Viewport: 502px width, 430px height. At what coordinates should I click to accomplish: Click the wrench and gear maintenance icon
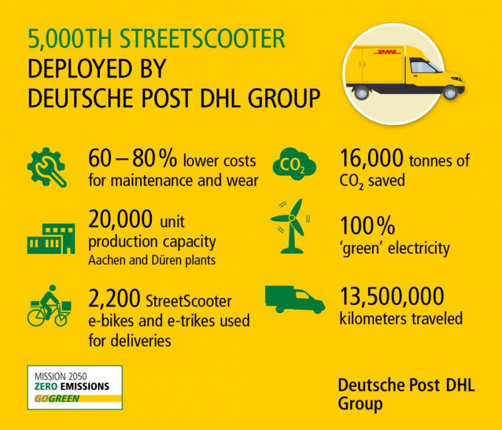click(46, 168)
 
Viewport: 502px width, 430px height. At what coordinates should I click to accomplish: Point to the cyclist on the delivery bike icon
click(49, 305)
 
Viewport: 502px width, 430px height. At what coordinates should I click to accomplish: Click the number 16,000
click(371, 160)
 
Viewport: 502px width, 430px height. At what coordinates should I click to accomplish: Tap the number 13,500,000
click(392, 296)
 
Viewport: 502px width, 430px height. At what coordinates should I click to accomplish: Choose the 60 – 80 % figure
click(132, 160)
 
